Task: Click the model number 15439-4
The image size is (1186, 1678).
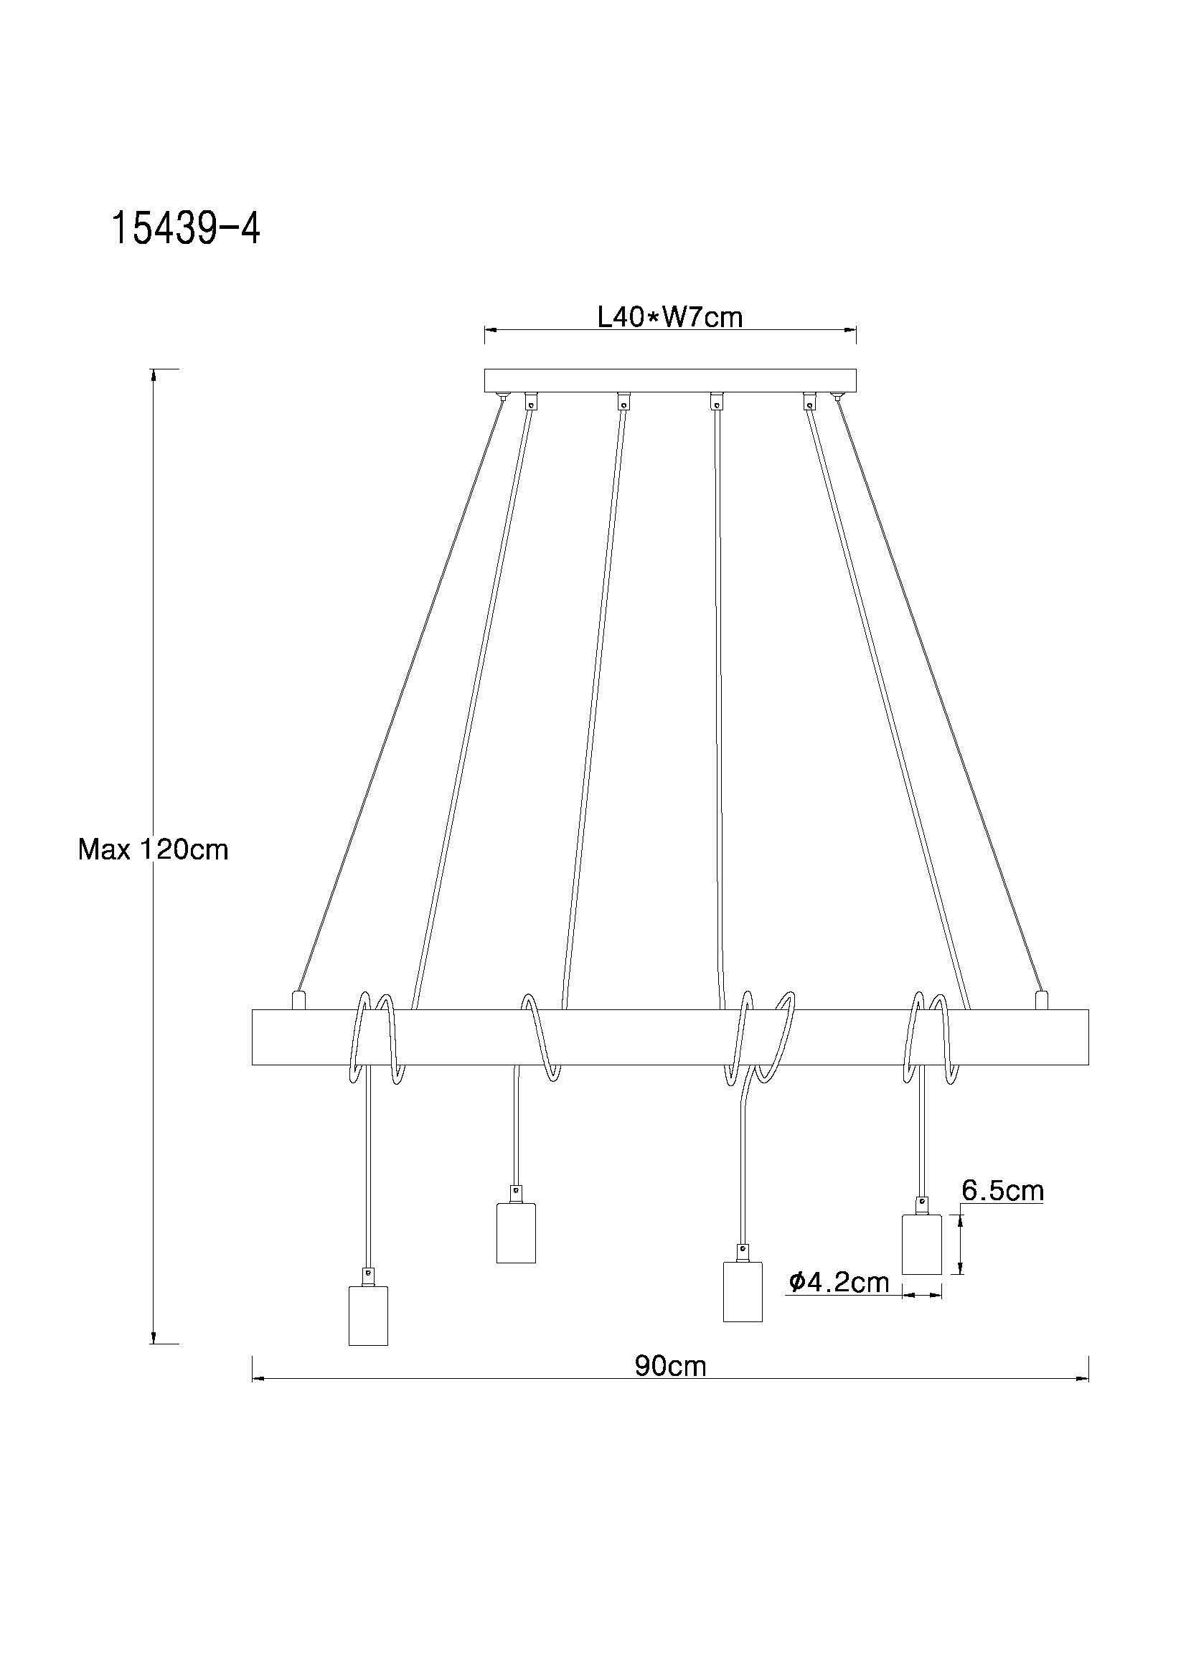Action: pyautogui.click(x=186, y=229)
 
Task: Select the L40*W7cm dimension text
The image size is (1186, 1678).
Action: pyautogui.click(x=669, y=317)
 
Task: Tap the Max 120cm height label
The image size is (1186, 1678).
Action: pyautogui.click(x=154, y=849)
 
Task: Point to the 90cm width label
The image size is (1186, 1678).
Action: pyautogui.click(x=670, y=1366)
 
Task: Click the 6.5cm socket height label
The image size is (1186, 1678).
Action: pyautogui.click(x=1002, y=1191)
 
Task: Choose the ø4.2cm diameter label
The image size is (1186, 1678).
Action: pyautogui.click(x=839, y=1281)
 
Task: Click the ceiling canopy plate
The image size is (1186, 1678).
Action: pyautogui.click(x=670, y=380)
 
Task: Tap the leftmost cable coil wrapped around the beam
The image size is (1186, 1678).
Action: pyautogui.click(x=375, y=1038)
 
